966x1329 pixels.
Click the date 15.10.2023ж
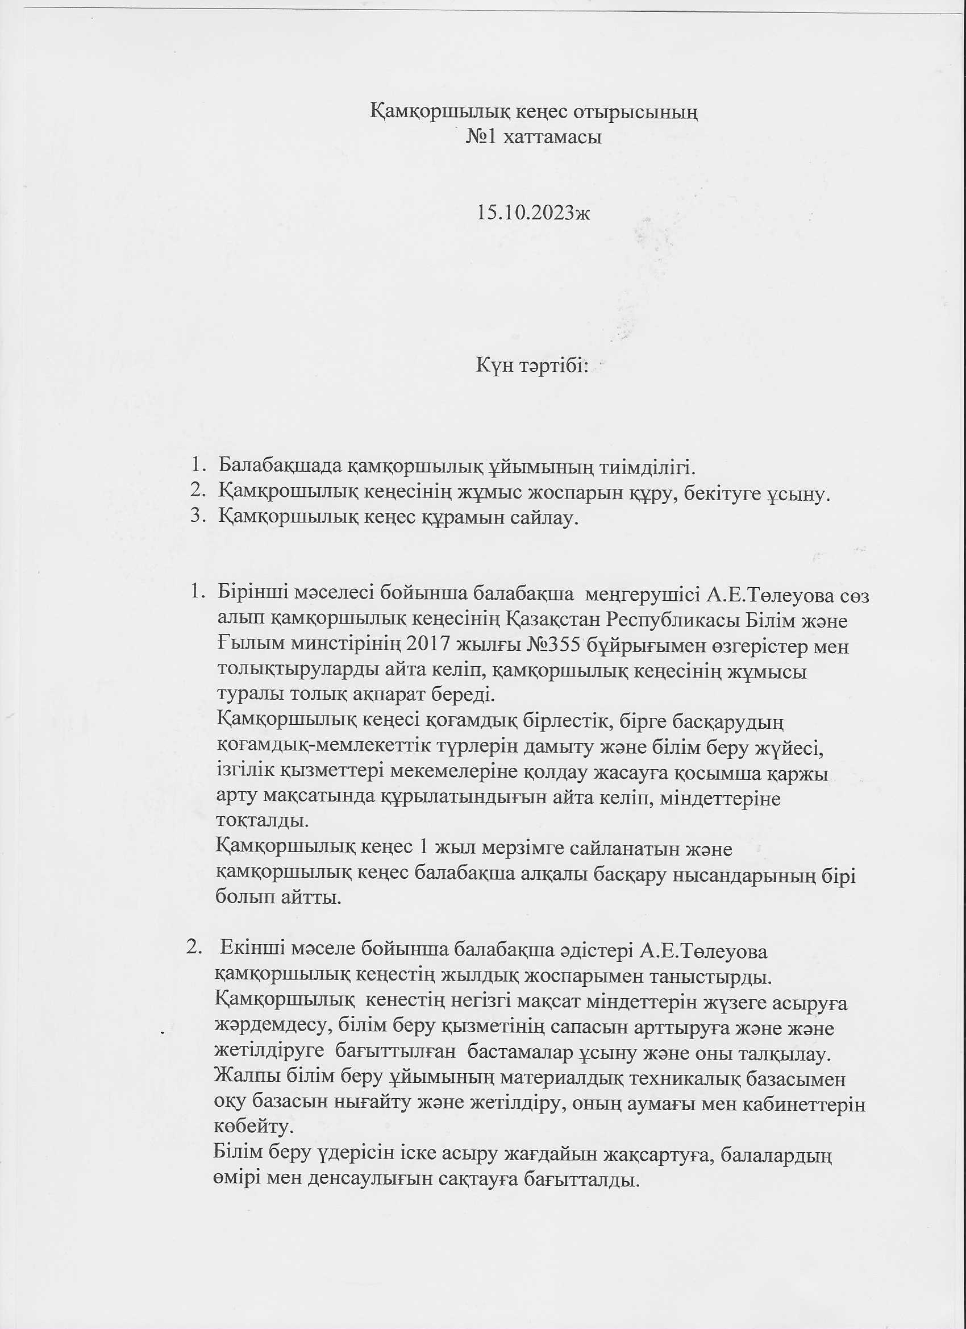533,212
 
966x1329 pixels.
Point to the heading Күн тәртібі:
531,366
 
